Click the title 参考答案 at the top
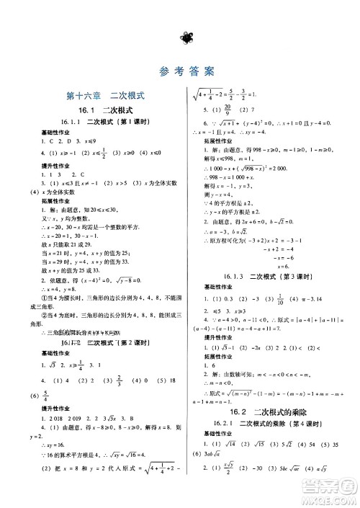[x=180, y=71]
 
